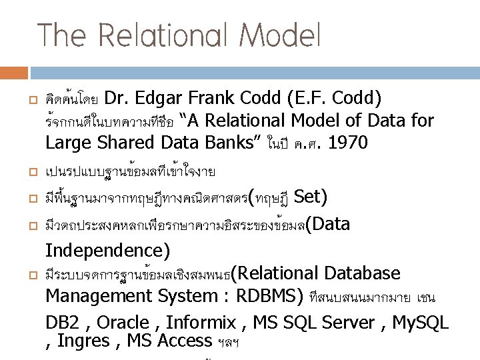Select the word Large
[x=69, y=142]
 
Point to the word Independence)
[x=107, y=251]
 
